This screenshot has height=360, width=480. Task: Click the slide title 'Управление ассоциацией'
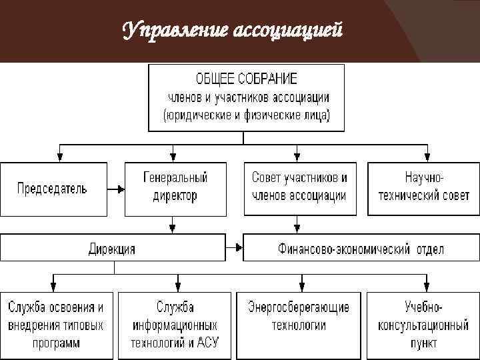(x=233, y=30)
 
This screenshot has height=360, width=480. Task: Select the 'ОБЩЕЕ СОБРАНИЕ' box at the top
(x=246, y=97)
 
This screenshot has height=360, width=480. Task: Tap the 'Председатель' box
(x=53, y=189)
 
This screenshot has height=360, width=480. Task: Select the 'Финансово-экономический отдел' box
(x=361, y=249)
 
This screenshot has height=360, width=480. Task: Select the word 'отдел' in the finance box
(x=427, y=249)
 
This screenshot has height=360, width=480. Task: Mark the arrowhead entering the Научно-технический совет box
(x=423, y=157)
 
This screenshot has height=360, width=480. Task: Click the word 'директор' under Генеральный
(x=175, y=197)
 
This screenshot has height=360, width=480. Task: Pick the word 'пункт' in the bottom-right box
(x=423, y=344)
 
